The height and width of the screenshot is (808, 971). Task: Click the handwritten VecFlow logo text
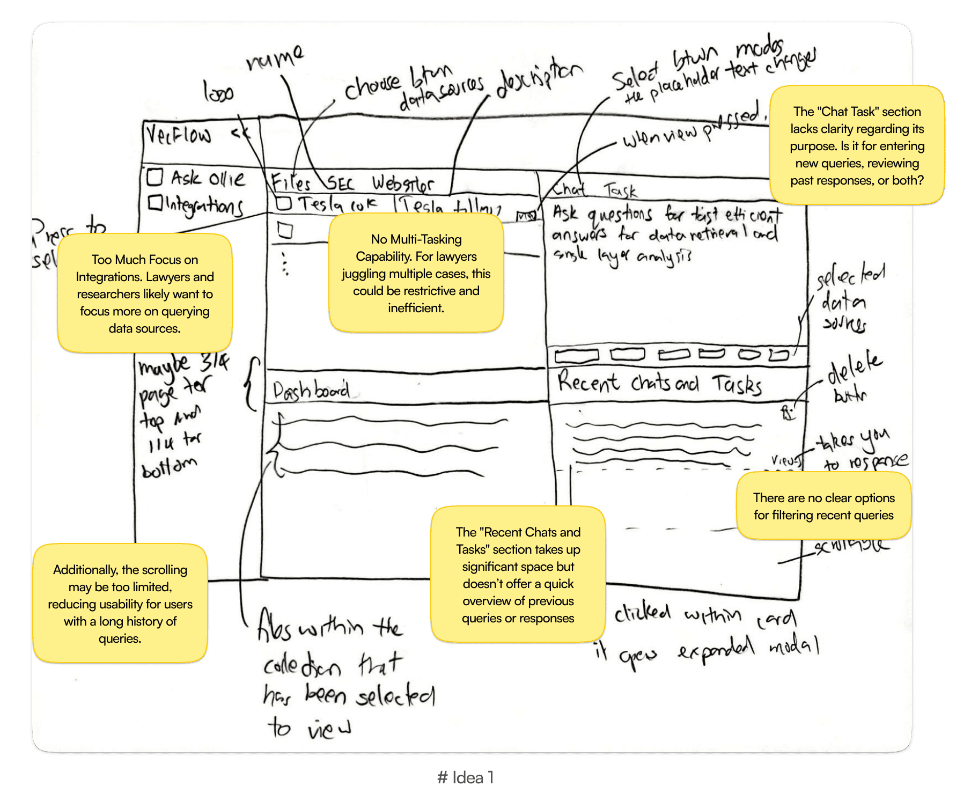click(179, 135)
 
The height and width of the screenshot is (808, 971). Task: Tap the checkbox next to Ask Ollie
click(155, 177)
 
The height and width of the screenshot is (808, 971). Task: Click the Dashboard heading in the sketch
click(311, 391)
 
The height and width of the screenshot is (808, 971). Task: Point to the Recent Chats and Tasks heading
click(659, 383)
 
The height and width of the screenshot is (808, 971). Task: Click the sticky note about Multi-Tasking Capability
click(416, 273)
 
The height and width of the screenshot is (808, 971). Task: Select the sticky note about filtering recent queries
click(823, 506)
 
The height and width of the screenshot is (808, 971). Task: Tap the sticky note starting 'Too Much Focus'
click(145, 293)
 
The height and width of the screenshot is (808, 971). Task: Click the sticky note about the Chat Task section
click(857, 145)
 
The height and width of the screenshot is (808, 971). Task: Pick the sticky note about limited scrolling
click(120, 604)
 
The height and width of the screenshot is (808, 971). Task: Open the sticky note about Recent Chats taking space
click(518, 575)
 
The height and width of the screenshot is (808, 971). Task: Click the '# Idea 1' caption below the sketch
click(465, 777)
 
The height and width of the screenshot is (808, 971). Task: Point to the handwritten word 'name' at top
click(275, 58)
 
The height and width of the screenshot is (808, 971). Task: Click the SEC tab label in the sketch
click(340, 184)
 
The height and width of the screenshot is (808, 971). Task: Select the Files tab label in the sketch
click(291, 182)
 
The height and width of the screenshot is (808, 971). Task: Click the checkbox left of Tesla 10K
click(284, 203)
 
